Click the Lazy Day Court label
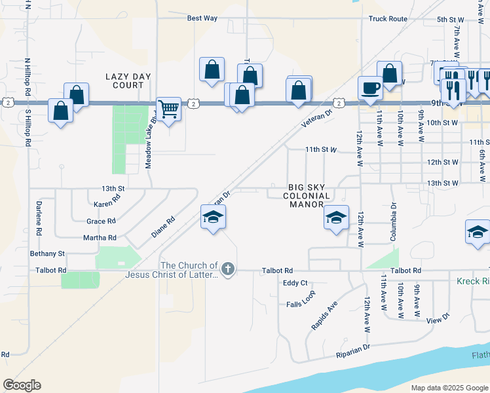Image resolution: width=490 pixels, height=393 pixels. click(x=128, y=81)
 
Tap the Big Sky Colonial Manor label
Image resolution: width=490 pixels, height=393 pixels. click(x=307, y=196)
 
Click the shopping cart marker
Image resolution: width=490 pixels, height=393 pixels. click(x=169, y=108)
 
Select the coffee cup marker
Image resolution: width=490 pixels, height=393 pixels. click(x=370, y=88)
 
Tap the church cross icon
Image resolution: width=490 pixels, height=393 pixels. click(x=227, y=269)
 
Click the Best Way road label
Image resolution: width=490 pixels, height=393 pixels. click(x=202, y=18)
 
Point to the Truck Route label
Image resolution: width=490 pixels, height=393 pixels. click(x=388, y=19)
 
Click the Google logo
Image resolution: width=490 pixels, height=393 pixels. click(x=22, y=385)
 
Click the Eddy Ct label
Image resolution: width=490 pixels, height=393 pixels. click(x=295, y=283)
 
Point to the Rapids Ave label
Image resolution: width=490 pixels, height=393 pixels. click(x=324, y=316)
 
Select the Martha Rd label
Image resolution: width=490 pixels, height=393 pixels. click(x=101, y=238)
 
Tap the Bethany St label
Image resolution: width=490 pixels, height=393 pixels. click(x=47, y=253)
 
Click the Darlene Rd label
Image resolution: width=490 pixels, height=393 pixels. click(x=38, y=223)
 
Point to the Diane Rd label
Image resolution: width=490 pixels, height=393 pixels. click(x=163, y=227)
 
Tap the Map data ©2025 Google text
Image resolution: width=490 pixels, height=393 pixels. click(x=449, y=388)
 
